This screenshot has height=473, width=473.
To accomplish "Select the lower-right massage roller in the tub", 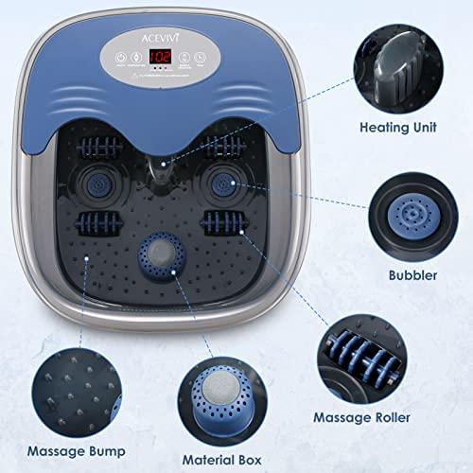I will pos(221,225).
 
